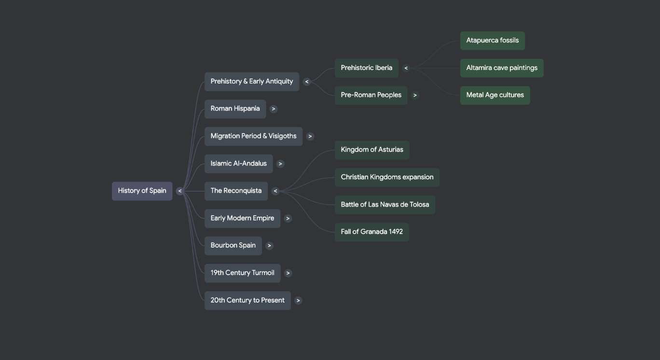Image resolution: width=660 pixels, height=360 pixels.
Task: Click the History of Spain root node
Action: pos(142,191)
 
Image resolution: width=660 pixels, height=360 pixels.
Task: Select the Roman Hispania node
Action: pos(235,109)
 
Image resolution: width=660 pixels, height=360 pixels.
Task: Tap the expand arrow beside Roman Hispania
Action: pos(274,109)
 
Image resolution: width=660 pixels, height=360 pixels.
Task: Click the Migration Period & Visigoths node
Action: pos(253,136)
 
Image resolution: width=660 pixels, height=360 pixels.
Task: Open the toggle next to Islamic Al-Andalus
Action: pos(280,164)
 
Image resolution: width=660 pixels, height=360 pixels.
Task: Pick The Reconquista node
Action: pos(236,191)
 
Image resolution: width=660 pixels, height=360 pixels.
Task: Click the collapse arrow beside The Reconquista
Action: pos(275,191)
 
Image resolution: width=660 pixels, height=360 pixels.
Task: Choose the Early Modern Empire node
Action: pos(242,218)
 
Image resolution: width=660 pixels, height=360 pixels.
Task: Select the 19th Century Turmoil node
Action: pos(242,273)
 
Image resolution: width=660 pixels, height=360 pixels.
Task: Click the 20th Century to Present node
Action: pos(247,300)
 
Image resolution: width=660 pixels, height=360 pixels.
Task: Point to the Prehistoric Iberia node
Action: pos(366,68)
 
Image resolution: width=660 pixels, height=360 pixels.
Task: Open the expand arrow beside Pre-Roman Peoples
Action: pos(415,96)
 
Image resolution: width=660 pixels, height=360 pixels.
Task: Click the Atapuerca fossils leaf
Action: pos(492,41)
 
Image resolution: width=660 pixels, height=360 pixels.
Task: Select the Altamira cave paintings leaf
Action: pos(501,68)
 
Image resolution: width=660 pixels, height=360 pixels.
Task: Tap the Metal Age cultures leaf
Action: pos(495,95)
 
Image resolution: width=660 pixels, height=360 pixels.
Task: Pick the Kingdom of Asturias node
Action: pos(371,150)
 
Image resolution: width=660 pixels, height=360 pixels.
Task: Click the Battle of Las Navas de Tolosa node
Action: pos(385,205)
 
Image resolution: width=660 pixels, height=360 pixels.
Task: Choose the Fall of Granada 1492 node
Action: pos(371,232)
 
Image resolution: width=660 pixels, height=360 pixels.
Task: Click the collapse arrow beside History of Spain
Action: pos(180,191)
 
